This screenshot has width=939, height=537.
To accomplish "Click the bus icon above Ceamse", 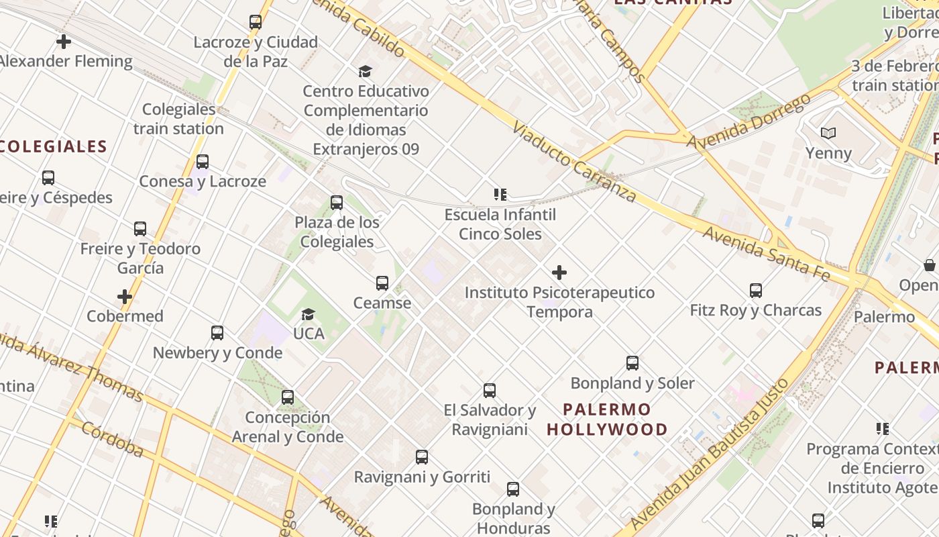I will [x=382, y=283].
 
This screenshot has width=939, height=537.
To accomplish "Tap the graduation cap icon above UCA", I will [x=308, y=314].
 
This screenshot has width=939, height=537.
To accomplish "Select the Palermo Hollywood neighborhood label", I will [x=607, y=420].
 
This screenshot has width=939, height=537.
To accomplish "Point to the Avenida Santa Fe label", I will [x=767, y=254].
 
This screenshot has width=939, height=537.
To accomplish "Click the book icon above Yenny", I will [x=829, y=134].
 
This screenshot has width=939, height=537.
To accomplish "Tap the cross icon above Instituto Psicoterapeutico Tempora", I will [x=559, y=273].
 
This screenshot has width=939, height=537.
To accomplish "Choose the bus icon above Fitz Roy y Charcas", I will [x=756, y=291].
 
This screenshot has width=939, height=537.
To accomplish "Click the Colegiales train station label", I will [x=178, y=119].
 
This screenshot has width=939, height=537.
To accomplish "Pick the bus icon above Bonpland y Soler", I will [x=632, y=363].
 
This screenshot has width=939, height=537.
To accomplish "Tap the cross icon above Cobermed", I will [x=125, y=297].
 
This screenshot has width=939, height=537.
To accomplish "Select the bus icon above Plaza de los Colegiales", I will [x=337, y=203].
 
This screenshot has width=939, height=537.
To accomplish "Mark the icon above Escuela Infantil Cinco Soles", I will [x=500, y=195].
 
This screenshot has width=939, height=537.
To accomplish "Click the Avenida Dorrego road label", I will [x=749, y=121].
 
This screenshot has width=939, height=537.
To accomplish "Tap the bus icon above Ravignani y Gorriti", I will [x=422, y=457].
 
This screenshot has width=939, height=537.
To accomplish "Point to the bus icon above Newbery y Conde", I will [x=217, y=333].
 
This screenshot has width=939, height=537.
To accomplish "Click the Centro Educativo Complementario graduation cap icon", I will [x=366, y=71].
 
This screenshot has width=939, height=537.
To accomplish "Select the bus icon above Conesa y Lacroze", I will [x=203, y=162].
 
